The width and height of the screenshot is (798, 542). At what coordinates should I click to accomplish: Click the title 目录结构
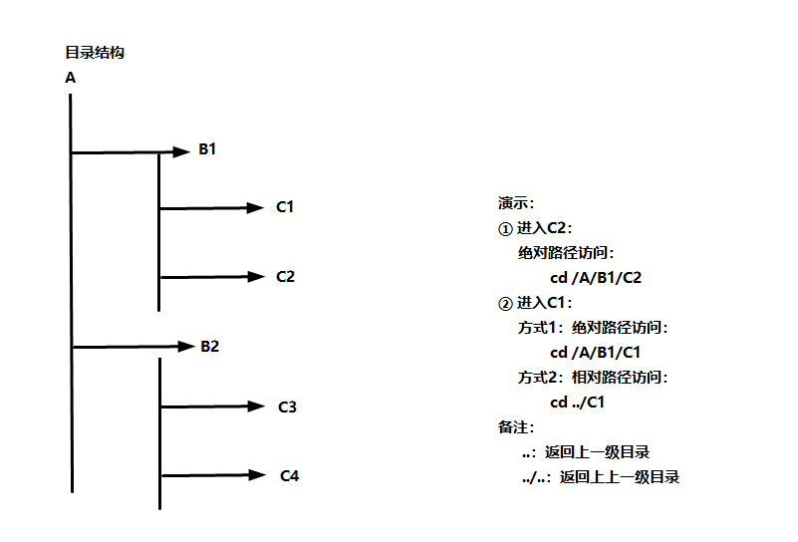pos(95,53)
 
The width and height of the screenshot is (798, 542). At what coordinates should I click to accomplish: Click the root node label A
pos(70,77)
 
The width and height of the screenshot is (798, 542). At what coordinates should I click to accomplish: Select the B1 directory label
pos(207,149)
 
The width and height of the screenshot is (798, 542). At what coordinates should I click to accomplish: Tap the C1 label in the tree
pos(285,207)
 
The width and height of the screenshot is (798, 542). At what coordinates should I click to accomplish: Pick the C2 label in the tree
pos(285,276)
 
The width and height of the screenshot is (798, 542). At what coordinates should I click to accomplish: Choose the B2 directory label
pos(209,347)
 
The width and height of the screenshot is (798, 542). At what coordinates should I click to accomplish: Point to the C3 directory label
pos(287,406)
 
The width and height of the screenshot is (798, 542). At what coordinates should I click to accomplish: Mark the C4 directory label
pos(289,475)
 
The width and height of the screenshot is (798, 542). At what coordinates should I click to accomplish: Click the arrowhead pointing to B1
pos(180,151)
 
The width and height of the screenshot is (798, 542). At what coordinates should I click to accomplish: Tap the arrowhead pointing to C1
pos(253,208)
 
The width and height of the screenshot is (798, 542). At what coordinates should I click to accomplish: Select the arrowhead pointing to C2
pos(253,277)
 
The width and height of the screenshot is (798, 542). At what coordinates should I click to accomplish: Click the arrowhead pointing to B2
pos(182,347)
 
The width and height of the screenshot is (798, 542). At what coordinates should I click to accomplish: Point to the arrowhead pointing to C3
pos(255,406)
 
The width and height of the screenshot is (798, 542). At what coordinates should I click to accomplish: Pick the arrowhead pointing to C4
pos(257,475)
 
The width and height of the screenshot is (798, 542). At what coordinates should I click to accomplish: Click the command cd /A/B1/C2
pos(596,278)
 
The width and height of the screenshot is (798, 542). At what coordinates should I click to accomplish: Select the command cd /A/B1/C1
pos(595,352)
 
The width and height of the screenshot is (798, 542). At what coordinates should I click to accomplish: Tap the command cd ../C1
pos(578,403)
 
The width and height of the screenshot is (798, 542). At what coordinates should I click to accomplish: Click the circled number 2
pos(504,303)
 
